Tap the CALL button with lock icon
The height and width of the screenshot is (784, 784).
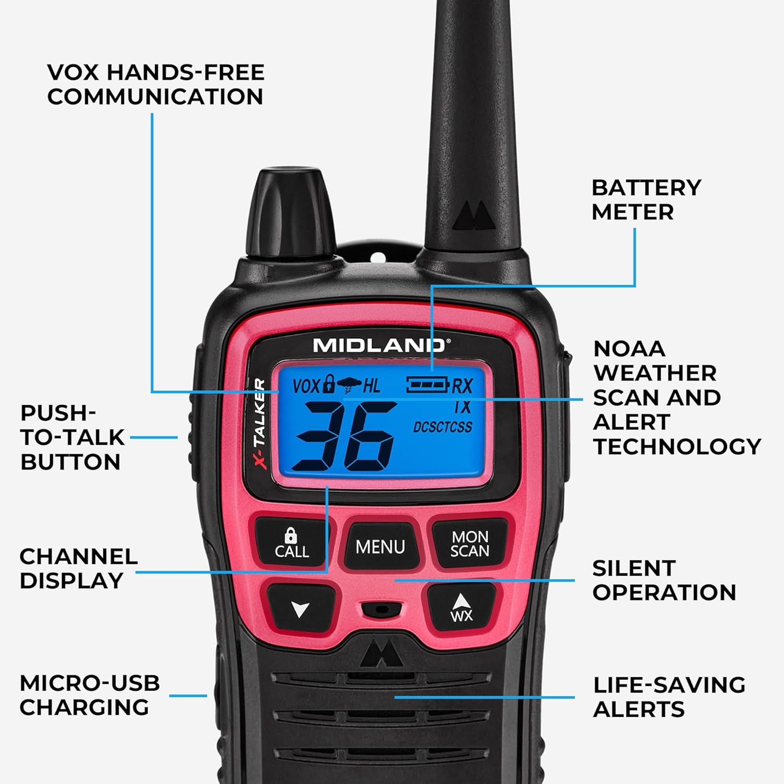pos(291,544)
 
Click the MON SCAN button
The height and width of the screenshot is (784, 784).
pos(469,544)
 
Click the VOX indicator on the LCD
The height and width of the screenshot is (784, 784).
pos(306,386)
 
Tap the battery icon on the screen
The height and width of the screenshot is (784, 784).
pos(428,385)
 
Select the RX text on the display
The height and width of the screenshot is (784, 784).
pos(462,386)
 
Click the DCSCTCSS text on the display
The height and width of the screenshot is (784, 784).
pos(442,427)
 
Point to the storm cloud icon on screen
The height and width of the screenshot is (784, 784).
pos(349,386)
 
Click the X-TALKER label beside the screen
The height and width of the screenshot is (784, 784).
pos(260,424)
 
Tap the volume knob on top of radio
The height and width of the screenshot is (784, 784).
pos(291,209)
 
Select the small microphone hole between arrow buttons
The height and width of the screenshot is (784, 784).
pos(381,609)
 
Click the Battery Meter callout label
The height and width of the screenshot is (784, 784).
pos(646,200)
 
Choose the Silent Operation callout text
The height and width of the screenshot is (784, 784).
pos(664,580)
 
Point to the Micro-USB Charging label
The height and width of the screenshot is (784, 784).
pos(89,695)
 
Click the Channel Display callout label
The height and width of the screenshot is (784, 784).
pos(78,569)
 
